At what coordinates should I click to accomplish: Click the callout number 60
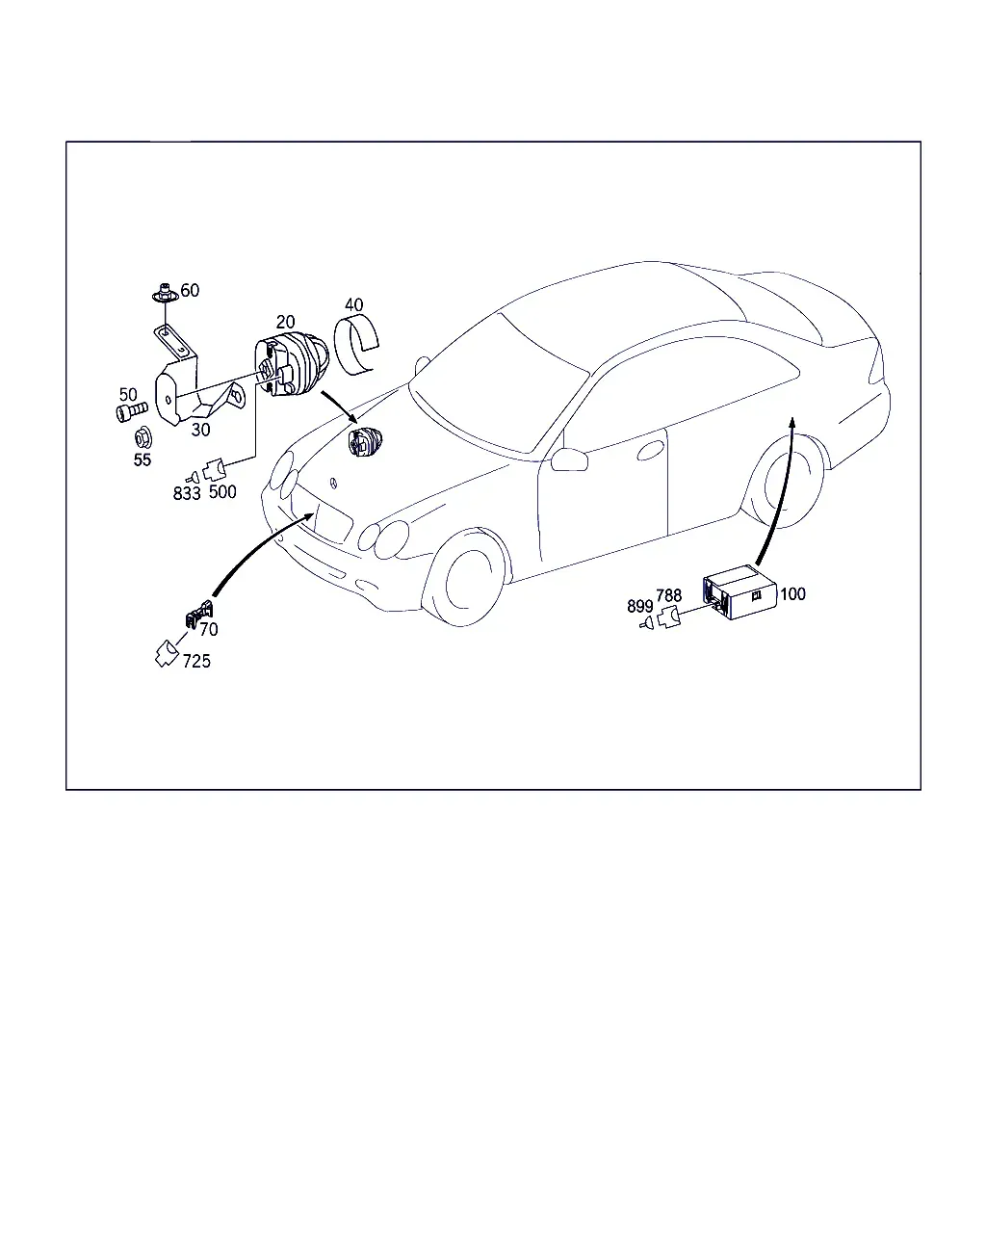pyautogui.click(x=190, y=291)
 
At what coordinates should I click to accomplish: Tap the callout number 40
pyautogui.click(x=354, y=304)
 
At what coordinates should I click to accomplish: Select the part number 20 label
pyautogui.click(x=285, y=322)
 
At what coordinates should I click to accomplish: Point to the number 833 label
pyautogui.click(x=187, y=493)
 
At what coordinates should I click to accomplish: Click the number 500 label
pyautogui.click(x=222, y=491)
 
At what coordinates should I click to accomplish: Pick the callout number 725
pyautogui.click(x=196, y=661)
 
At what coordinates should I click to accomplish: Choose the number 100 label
pyautogui.click(x=792, y=594)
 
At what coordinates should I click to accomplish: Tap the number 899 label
pyautogui.click(x=640, y=606)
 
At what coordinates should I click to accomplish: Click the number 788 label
pyautogui.click(x=668, y=596)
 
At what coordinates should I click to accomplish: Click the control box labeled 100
pyautogui.click(x=739, y=592)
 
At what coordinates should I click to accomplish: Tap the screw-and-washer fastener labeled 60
pyautogui.click(x=164, y=294)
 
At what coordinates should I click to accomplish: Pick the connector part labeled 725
pyautogui.click(x=167, y=654)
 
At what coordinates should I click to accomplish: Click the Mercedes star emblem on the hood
pyautogui.click(x=333, y=483)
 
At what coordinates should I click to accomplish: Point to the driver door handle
pyautogui.click(x=651, y=452)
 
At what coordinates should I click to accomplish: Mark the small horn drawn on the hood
pyautogui.click(x=366, y=442)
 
